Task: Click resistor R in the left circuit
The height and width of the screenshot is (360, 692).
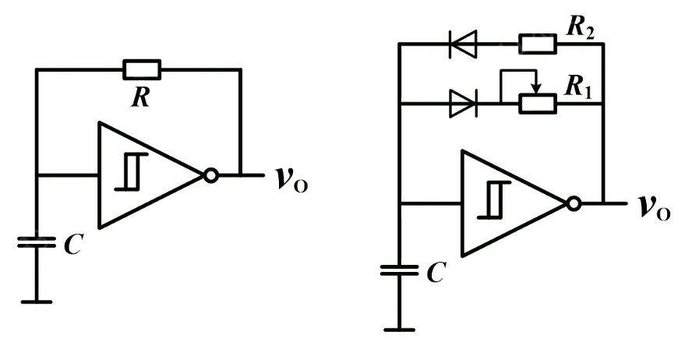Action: (x=142, y=69)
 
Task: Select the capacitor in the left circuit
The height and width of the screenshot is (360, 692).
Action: (x=36, y=242)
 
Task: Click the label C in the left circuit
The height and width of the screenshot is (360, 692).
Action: (x=72, y=246)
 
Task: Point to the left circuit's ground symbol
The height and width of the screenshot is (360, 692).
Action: (x=36, y=301)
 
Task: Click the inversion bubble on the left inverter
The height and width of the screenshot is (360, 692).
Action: (x=210, y=176)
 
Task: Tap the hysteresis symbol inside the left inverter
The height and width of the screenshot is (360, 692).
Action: (x=129, y=173)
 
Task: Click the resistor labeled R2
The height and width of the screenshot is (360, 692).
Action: (x=538, y=44)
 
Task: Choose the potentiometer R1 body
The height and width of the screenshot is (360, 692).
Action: (x=538, y=104)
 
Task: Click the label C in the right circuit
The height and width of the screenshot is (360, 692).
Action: (x=437, y=274)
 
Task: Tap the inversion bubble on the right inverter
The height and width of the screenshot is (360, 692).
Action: (x=574, y=204)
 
